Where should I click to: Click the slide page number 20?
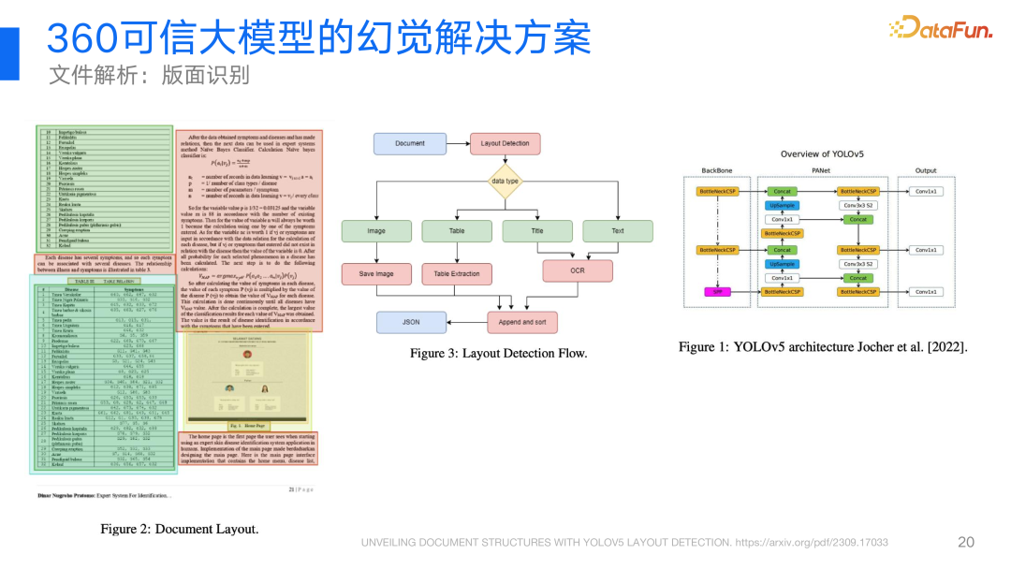[966, 542]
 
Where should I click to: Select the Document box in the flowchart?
[410, 143]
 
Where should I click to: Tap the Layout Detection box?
[505, 143]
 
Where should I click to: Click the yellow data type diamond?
[505, 181]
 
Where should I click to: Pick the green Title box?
[537, 231]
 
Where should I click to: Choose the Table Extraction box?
[457, 274]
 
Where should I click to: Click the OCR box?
[578, 270]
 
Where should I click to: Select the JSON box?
[411, 322]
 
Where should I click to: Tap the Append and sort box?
[522, 322]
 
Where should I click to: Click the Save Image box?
[376, 274]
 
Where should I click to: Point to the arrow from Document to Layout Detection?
[458, 143]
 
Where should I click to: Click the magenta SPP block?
[718, 292]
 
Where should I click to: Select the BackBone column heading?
[718, 170]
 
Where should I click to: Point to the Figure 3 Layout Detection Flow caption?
[498, 353]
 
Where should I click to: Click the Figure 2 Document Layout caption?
[180, 529]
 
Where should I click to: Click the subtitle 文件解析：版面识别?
[149, 75]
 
